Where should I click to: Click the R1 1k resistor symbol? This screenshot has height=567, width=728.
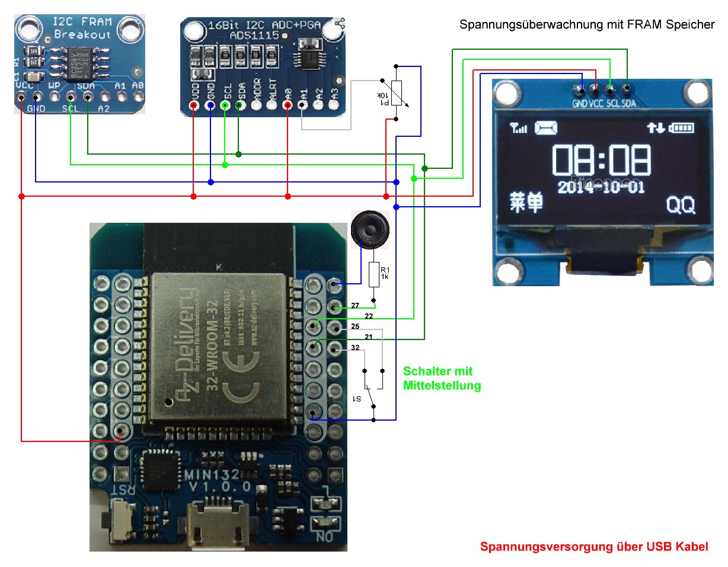tap(373, 275)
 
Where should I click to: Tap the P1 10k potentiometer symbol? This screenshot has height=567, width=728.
tap(397, 92)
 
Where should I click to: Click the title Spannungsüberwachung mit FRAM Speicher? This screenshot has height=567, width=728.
tap(587, 25)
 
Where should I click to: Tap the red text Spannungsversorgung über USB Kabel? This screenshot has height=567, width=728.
tap(593, 546)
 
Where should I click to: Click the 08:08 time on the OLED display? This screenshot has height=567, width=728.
tap(601, 159)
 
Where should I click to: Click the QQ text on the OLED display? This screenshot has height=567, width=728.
tap(681, 205)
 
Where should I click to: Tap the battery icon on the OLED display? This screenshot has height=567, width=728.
tap(682, 127)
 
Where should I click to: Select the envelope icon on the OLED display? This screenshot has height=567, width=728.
tap(546, 127)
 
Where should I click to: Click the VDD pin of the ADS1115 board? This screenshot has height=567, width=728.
tap(194, 105)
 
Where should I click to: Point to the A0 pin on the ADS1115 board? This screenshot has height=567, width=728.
tap(288, 105)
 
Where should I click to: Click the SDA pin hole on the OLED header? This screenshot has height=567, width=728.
tap(627, 89)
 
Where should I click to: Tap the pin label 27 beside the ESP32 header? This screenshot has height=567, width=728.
tap(355, 306)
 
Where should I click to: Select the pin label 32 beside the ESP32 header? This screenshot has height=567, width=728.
tap(355, 348)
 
